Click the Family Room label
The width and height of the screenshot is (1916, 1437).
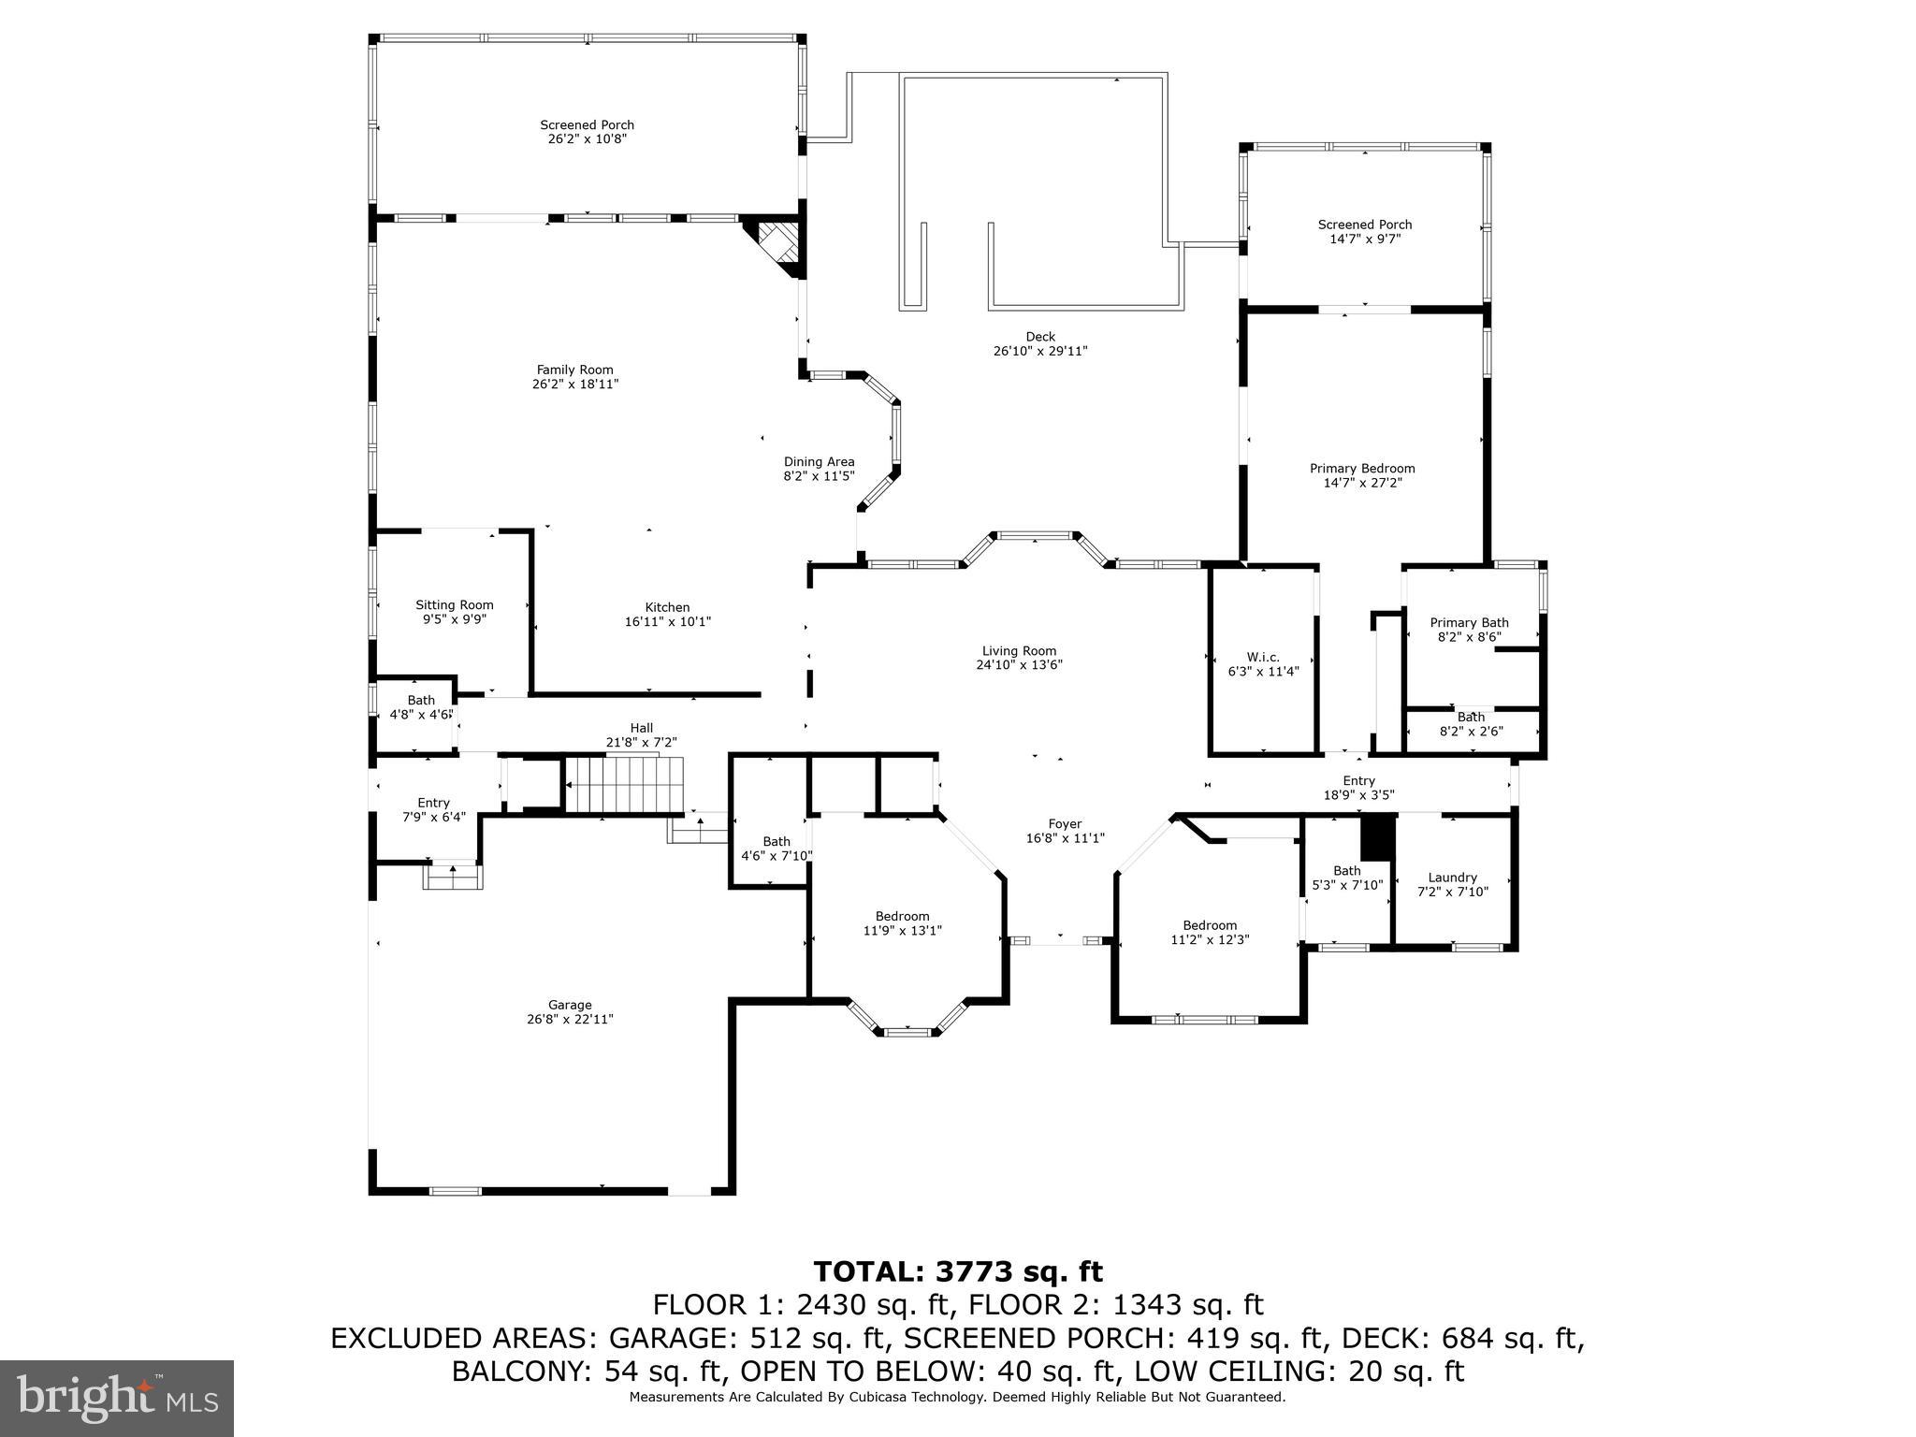pos(574,370)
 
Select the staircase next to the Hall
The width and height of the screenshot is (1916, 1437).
pos(625,785)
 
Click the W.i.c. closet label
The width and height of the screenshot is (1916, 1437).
pos(1263,658)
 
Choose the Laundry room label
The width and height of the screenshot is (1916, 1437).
pos(1452,878)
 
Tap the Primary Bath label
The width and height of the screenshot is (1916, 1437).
pos(1469,622)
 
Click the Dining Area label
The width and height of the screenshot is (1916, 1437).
pos(819,461)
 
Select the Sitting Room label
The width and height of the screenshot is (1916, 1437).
pos(454,605)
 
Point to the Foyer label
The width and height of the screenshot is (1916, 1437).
pos(1065,824)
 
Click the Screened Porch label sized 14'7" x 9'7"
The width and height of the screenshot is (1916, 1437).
pos(1364,225)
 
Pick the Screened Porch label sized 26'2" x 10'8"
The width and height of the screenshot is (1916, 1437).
pos(587,125)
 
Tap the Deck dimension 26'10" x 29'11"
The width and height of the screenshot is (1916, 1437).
pos(1039,352)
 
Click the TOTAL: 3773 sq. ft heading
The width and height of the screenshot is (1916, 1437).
pos(957,1271)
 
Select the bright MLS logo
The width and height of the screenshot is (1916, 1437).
pos(117,1399)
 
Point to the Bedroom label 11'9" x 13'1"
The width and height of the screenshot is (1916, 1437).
pos(902,916)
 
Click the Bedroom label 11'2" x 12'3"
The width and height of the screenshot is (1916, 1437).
pos(1209,925)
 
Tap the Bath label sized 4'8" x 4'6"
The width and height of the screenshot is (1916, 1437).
pos(420,700)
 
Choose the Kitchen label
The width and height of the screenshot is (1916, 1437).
pos(667,607)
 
